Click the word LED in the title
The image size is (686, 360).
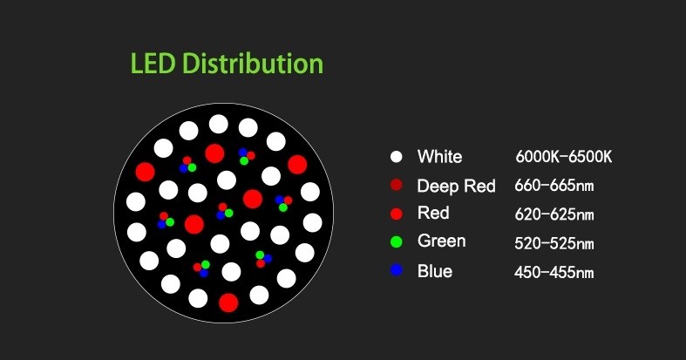[153, 64]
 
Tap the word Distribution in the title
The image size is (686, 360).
[253, 64]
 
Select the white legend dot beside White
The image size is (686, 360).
[397, 157]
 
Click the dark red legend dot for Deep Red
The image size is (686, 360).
[397, 185]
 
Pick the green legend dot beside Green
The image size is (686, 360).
[397, 241]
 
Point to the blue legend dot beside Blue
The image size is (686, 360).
[397, 270]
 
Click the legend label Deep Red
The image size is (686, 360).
[456, 187]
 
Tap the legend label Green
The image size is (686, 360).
[441, 241]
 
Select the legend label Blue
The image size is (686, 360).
[435, 271]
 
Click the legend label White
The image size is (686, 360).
[439, 157]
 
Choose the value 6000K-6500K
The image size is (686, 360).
[563, 157]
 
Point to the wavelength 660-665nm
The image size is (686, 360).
[554, 186]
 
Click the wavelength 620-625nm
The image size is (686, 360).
[554, 214]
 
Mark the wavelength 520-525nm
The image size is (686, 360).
[554, 243]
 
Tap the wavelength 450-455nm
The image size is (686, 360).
[554, 272]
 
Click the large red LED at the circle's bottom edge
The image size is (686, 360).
[228, 302]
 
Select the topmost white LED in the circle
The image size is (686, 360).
[218, 124]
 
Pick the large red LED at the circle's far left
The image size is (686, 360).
[145, 172]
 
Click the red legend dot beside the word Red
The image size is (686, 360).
[397, 214]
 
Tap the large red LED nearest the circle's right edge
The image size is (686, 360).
[297, 165]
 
